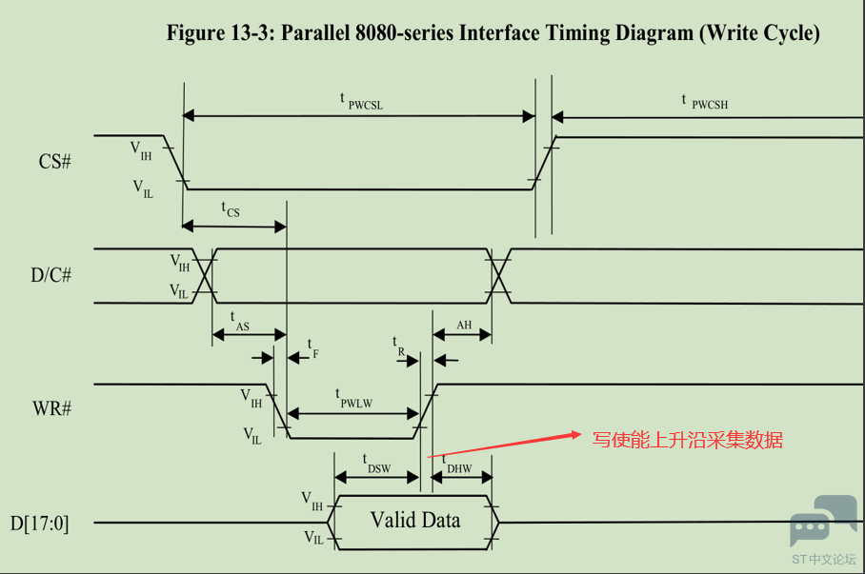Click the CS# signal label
(x=55, y=161)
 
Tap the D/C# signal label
(x=51, y=276)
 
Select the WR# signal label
(x=53, y=410)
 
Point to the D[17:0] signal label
(x=40, y=523)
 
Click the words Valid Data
(x=414, y=520)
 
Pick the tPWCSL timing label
(x=361, y=101)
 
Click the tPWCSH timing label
(x=705, y=101)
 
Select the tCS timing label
(x=231, y=208)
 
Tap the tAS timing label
(x=239, y=321)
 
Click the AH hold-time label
(x=464, y=325)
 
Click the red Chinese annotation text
(x=687, y=440)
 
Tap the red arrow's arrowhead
(x=574, y=434)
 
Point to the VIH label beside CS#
(x=141, y=149)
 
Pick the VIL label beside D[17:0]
(x=314, y=539)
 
